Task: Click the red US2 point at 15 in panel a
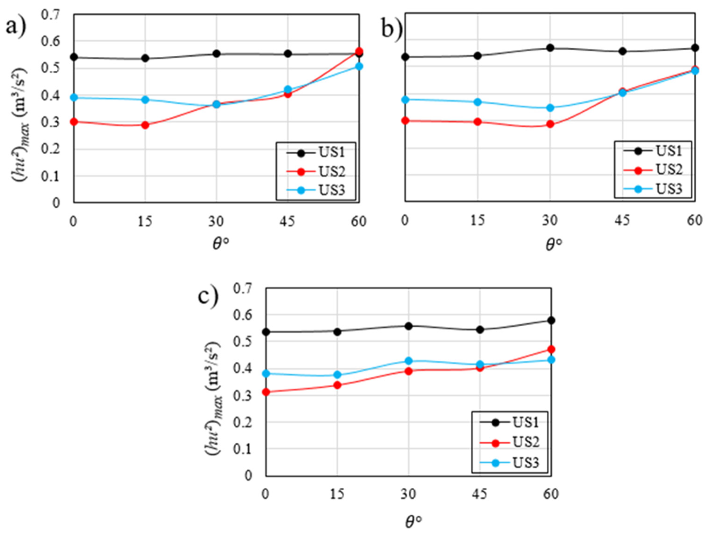point(145,125)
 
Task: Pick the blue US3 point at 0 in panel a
point(74,97)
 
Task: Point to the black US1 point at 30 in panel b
point(550,48)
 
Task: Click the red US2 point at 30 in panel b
point(550,124)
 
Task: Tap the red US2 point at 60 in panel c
point(551,349)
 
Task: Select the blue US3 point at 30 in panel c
point(409,361)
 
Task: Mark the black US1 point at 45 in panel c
point(480,329)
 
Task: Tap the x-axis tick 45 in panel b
point(622,221)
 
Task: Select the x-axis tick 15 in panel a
point(145,222)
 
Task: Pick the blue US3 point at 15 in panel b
point(478,102)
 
